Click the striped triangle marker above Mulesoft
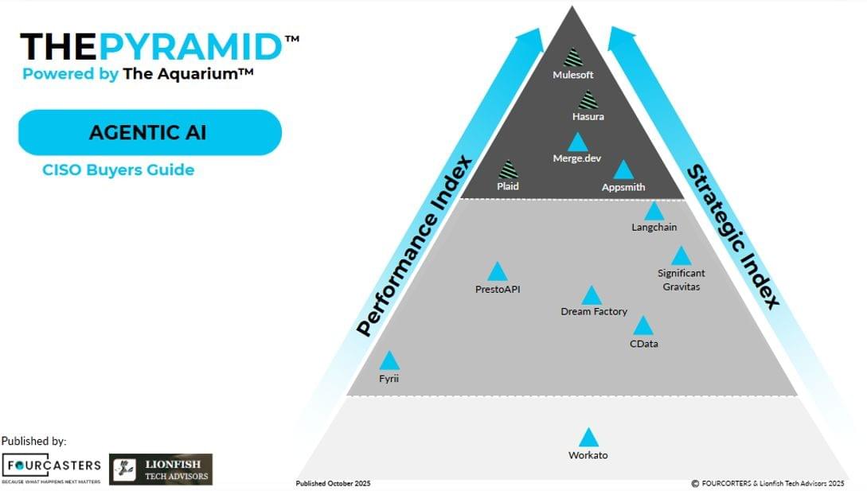click(572, 58)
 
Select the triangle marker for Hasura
click(588, 101)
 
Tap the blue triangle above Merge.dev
click(577, 143)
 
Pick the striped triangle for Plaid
click(508, 170)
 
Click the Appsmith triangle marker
click(623, 171)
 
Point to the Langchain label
click(654, 228)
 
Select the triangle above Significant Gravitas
click(681, 257)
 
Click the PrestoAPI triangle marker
click(498, 273)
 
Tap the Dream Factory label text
click(594, 312)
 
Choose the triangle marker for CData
click(642, 326)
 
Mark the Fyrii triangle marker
click(389, 362)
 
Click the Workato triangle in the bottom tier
click(588, 438)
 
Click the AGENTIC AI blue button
click(150, 132)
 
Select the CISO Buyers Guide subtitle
click(118, 170)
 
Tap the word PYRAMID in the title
click(191, 47)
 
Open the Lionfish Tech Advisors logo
click(161, 470)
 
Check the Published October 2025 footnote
click(333, 483)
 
